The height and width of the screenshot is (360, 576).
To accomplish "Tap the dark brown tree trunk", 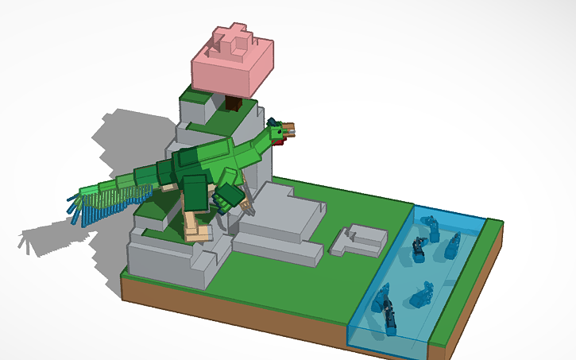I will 234,102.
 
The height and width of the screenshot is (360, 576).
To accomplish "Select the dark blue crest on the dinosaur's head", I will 273,123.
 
